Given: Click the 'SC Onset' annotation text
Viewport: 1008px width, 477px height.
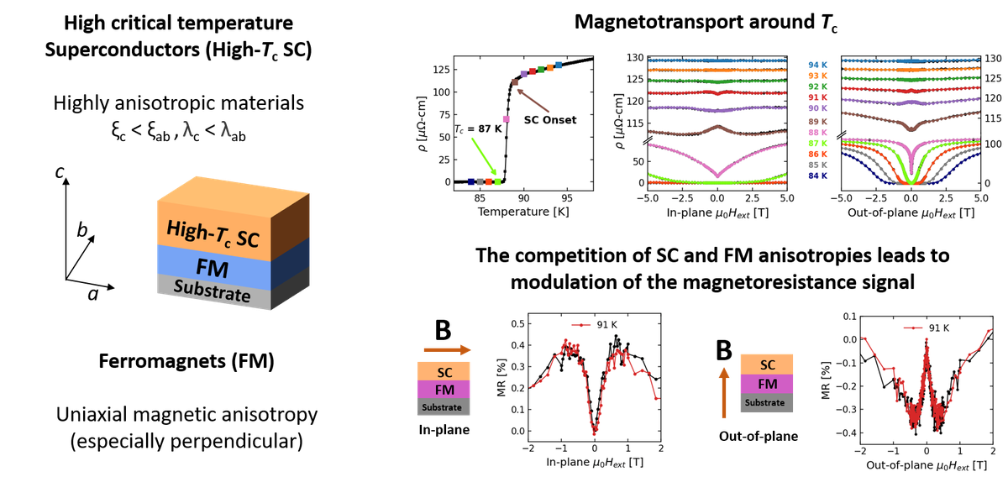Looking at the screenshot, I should pyautogui.click(x=550, y=120).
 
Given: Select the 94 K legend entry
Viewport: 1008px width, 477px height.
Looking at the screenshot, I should pyautogui.click(x=817, y=65).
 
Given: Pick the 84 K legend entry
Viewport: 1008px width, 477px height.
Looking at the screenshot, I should pyautogui.click(x=817, y=176).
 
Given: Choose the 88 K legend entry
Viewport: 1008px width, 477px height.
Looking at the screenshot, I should pyautogui.click(x=817, y=133).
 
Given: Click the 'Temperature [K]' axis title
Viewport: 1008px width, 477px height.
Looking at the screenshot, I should pyautogui.click(x=518, y=212).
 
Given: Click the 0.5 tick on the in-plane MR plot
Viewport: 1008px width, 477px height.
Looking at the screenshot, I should pyautogui.click(x=521, y=324).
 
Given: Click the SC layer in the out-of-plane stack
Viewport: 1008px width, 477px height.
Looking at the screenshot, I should pyautogui.click(x=767, y=364).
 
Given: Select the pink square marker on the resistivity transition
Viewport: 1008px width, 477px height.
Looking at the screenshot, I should pyautogui.click(x=507, y=119).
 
